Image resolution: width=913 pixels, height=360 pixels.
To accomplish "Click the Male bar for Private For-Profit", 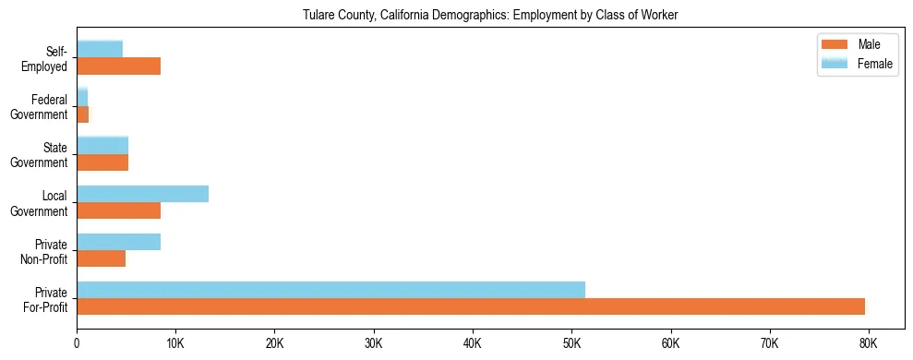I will [471, 306].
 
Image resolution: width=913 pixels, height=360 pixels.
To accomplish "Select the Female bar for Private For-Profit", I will [330, 290].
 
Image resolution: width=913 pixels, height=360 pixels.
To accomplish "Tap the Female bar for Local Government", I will [142, 194].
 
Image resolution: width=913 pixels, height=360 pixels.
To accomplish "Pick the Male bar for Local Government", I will [118, 210].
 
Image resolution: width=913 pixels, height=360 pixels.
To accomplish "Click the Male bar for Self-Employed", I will [118, 66].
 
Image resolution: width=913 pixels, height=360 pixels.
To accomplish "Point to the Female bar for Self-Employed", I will [100, 49].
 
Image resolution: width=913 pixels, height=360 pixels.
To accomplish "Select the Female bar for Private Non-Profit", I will [118, 242].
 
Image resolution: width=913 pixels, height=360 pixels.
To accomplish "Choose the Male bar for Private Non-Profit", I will [101, 258].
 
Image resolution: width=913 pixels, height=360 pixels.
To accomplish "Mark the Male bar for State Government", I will [102, 162].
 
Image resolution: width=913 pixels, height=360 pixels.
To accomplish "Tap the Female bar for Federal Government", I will [82, 97].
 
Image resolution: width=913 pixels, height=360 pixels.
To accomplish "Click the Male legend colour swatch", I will [835, 45].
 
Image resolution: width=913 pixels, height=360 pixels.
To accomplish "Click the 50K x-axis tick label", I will [571, 342].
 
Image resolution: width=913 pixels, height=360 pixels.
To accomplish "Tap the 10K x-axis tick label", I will [175, 342].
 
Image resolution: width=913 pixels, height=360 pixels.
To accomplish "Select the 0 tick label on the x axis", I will [77, 342].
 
